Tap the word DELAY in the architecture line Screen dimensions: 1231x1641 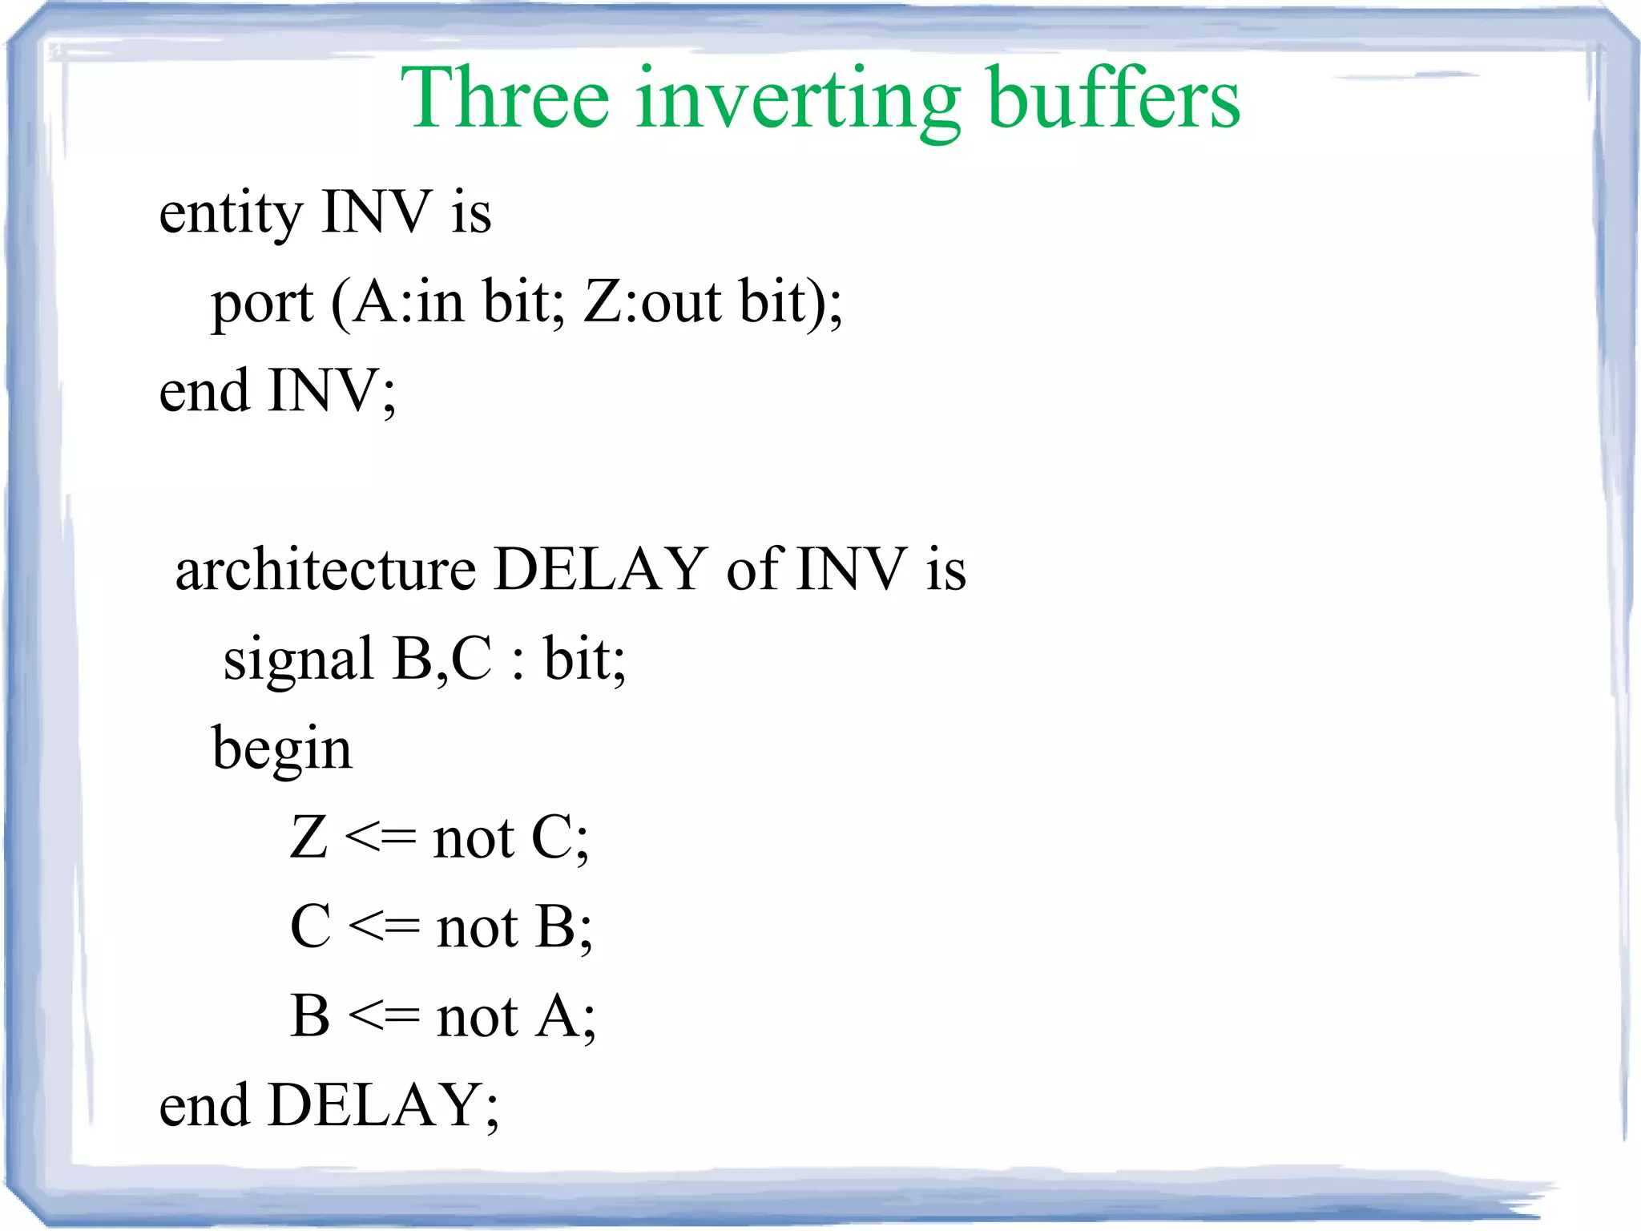[600, 570]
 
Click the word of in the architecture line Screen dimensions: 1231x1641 [753, 570]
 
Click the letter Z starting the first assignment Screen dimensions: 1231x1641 [308, 837]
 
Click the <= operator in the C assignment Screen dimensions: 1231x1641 [385, 928]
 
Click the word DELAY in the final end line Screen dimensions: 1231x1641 [373, 1106]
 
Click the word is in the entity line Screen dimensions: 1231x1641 [471, 213]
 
